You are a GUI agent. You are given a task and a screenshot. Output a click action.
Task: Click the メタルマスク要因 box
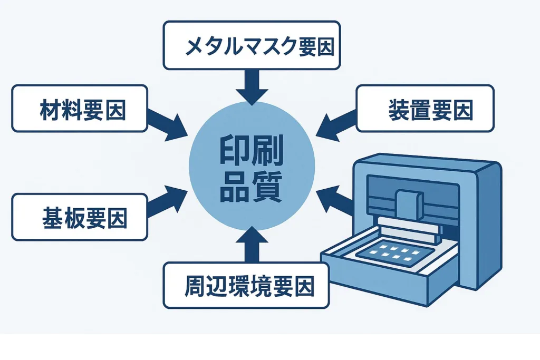pyautogui.click(x=252, y=45)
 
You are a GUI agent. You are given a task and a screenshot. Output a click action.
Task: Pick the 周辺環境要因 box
pyautogui.click(x=246, y=285)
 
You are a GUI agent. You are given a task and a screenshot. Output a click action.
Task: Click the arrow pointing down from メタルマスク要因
pyautogui.click(x=252, y=86)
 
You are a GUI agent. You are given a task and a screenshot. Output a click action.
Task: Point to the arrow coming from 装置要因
pyautogui.click(x=336, y=124)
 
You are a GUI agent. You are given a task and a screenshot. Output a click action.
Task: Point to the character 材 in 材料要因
pyautogui.click(x=50, y=109)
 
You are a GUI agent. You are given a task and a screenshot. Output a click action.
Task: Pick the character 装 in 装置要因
pyautogui.click(x=399, y=109)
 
